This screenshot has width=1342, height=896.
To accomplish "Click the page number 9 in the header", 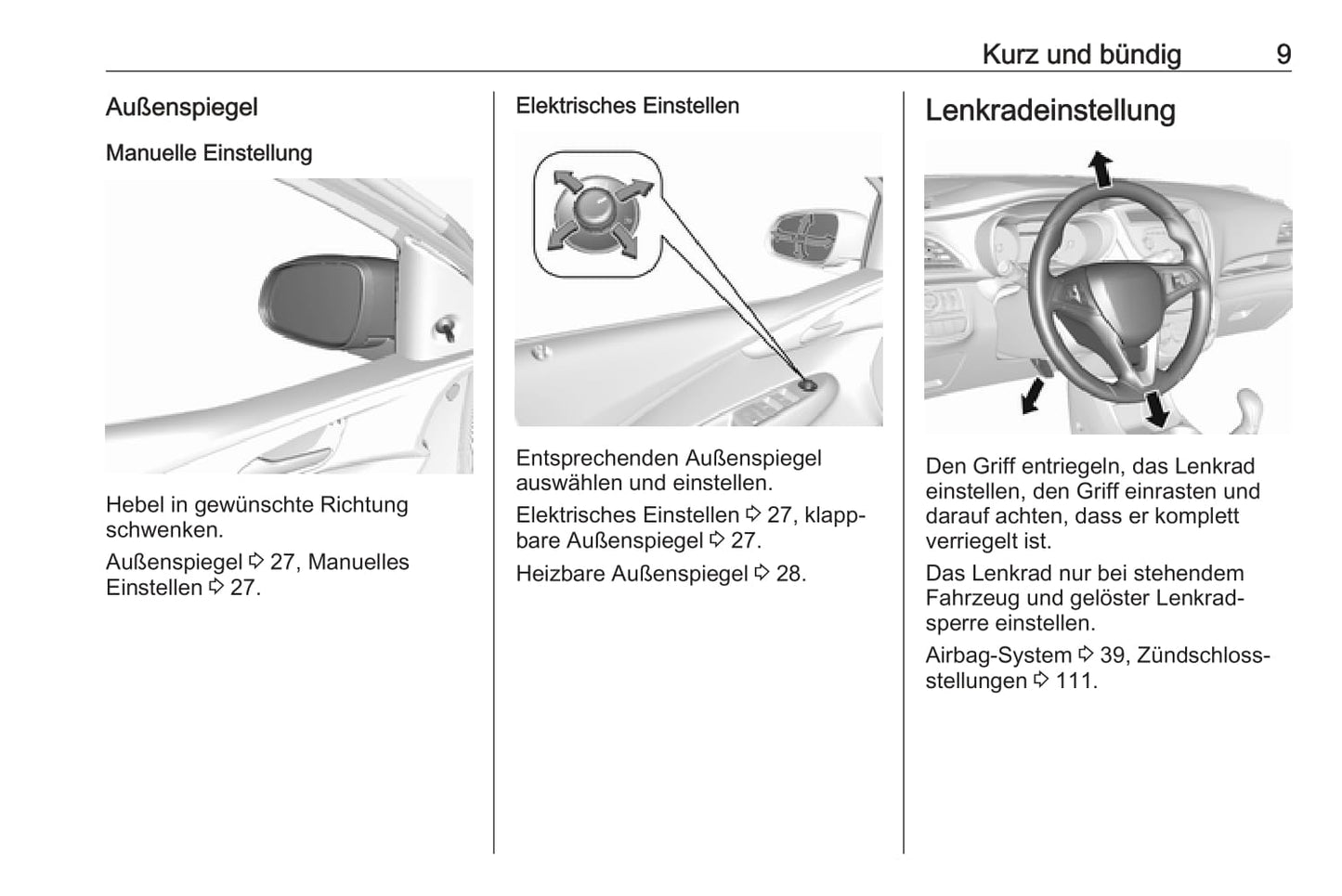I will tap(1283, 55).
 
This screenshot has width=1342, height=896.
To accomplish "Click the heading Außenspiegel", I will tap(181, 108).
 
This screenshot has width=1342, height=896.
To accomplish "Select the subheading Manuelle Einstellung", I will tap(209, 153).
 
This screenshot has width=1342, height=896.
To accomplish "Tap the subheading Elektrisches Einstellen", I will tap(627, 106).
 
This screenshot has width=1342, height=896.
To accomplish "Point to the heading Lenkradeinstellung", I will tap(1050, 110).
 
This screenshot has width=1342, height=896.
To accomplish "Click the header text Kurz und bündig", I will tap(1081, 55).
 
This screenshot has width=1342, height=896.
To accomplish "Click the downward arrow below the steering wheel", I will tap(1155, 409).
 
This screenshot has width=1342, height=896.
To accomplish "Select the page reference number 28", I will tap(789, 574).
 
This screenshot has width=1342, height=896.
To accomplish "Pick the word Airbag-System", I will tap(998, 656).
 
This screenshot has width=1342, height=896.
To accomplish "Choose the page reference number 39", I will tap(1112, 656).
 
